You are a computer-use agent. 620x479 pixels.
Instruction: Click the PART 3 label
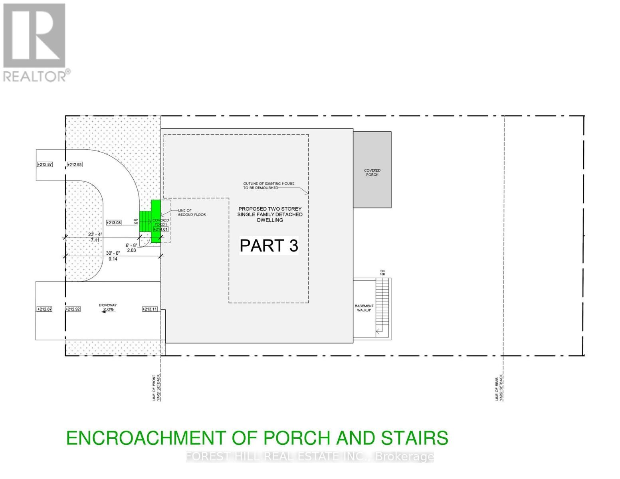pyautogui.click(x=269, y=246)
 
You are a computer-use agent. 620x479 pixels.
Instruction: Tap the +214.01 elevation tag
pyautogui.click(x=161, y=229)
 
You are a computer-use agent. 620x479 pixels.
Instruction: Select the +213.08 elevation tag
pyautogui.click(x=114, y=223)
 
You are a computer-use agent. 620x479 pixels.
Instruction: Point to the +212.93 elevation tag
pyautogui.click(x=75, y=164)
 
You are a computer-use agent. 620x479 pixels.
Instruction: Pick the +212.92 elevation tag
pyautogui.click(x=73, y=309)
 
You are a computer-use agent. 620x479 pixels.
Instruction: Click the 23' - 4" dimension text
pyautogui.click(x=95, y=234)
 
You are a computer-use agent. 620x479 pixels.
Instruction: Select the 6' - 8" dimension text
pyautogui.click(x=131, y=245)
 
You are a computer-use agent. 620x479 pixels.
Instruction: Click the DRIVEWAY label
pyautogui.click(x=108, y=305)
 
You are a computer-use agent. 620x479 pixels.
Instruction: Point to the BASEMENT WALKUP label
pyautogui.click(x=364, y=308)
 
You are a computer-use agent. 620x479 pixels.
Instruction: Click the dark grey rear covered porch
pyautogui.click(x=372, y=170)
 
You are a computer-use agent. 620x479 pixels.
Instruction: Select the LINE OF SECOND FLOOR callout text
pyautogui.click(x=192, y=212)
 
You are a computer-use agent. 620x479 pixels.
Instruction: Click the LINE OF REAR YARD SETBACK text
pyautogui.click(x=499, y=388)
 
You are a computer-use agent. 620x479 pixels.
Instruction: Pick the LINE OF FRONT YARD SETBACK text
pyautogui.click(x=156, y=388)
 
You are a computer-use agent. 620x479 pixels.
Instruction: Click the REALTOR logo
pyautogui.click(x=35, y=42)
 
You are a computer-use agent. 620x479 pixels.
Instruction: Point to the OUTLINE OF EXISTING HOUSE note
pyautogui.click(x=269, y=186)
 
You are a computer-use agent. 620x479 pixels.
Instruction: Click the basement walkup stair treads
pyautogui.click(x=382, y=305)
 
